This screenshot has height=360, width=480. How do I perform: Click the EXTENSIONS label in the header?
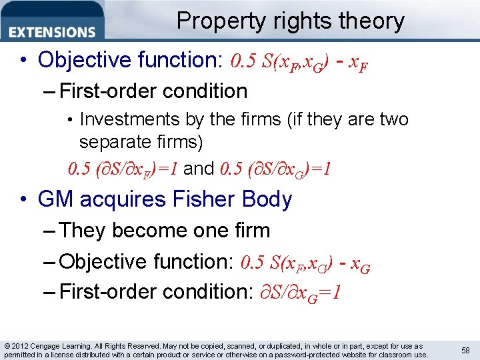point(53,31)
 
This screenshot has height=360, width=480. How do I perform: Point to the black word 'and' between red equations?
point(198,169)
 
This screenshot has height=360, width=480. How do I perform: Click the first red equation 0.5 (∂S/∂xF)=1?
point(123,169)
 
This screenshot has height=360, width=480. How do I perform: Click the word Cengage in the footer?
point(51,346)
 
